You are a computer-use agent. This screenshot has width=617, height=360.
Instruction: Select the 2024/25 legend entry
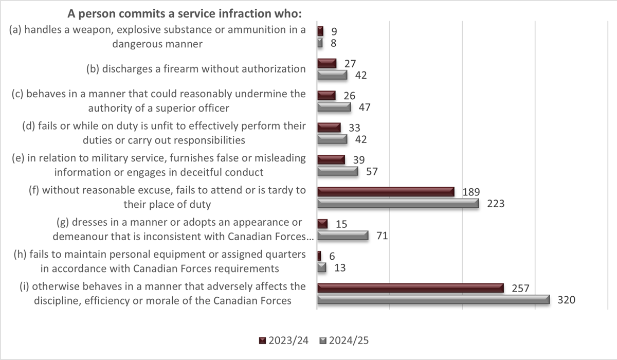[344, 340]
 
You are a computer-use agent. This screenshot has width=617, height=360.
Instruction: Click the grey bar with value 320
[433, 299]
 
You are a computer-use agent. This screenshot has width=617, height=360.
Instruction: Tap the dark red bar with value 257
[410, 287]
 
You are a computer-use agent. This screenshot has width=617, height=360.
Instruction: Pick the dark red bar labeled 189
[386, 191]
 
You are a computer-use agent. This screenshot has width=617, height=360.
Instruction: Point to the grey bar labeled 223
[397, 204]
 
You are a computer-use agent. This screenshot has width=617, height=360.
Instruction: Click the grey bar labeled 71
[342, 236]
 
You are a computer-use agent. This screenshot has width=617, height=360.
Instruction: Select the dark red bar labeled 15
[322, 224]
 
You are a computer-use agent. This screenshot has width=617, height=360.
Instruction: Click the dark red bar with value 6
[319, 256]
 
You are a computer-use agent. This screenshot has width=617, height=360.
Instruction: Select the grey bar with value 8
[320, 43]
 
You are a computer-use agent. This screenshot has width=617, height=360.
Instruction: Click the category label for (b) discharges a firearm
[195, 69]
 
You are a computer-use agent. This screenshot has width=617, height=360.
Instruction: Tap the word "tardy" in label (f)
[281, 190]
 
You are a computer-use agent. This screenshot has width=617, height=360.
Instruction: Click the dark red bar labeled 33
[329, 127]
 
